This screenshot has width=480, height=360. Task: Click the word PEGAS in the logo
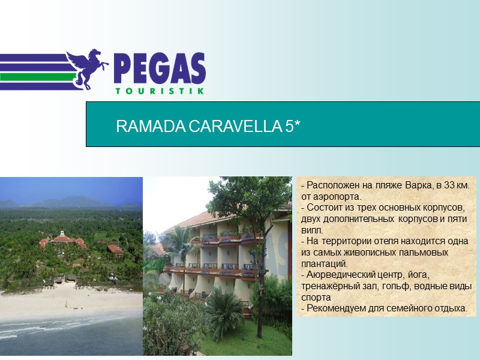coord(159,69)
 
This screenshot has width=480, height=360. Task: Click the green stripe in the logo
coord(36,77)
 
